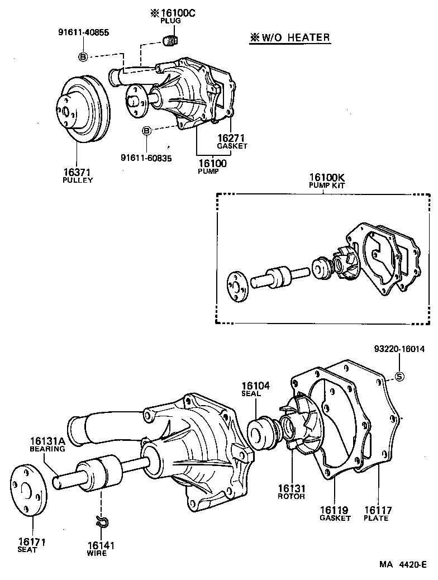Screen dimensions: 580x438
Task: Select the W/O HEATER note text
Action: (x=289, y=38)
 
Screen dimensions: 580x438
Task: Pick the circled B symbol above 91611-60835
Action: (x=146, y=131)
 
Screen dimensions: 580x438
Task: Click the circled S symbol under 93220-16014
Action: (x=399, y=377)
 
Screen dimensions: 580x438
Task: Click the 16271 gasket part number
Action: (x=232, y=138)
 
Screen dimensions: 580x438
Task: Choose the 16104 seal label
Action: (x=255, y=386)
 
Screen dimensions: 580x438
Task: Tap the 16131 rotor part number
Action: (x=291, y=488)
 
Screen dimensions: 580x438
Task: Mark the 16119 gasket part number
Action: (x=334, y=510)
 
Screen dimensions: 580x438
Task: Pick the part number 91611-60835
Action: (x=146, y=158)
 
